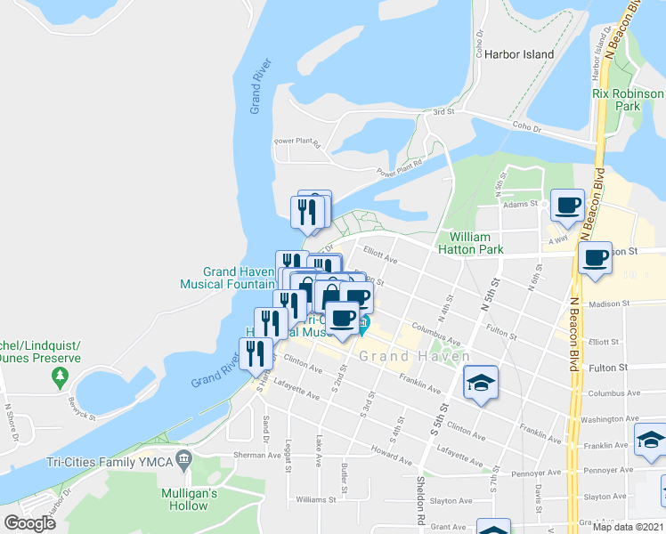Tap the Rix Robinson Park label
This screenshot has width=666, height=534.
click(x=628, y=100)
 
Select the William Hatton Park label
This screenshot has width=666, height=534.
click(x=476, y=243)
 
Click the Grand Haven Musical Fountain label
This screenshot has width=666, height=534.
click(x=228, y=278)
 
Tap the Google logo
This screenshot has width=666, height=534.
click(x=29, y=523)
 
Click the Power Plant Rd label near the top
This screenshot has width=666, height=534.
click(x=296, y=142)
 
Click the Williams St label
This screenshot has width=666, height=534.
click(x=316, y=499)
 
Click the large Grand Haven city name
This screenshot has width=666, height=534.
click(x=414, y=356)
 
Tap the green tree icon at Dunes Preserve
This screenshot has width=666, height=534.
click(x=61, y=377)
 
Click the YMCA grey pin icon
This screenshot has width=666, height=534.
click(x=184, y=461)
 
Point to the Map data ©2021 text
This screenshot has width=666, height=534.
click(x=629, y=526)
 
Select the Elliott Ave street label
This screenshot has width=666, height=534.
click(x=378, y=252)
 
